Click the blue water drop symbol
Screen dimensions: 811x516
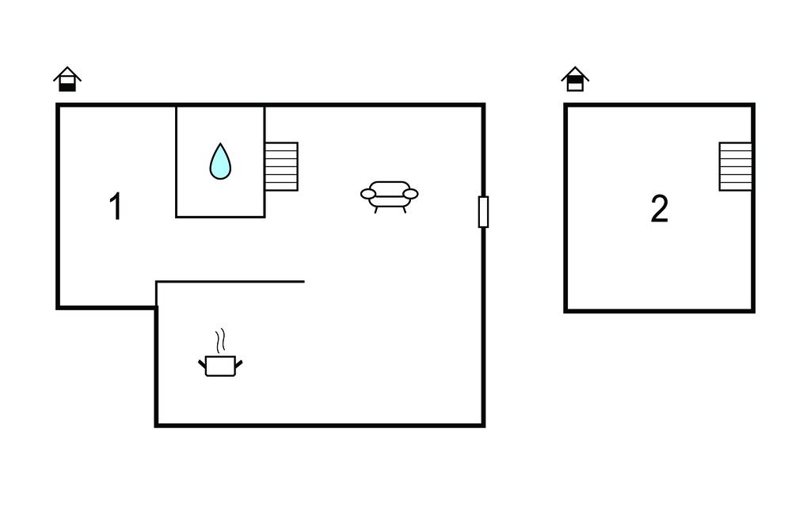(x=220, y=162)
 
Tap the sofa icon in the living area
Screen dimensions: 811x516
(x=390, y=197)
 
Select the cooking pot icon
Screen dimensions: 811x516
(x=220, y=366)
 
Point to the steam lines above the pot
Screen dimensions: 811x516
(x=221, y=340)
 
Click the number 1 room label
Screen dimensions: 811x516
(x=116, y=207)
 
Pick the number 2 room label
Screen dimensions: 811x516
(x=660, y=209)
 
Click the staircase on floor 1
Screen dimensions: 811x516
(x=281, y=166)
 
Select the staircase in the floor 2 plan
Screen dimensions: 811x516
(x=736, y=166)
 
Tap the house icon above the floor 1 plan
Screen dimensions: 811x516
(x=67, y=79)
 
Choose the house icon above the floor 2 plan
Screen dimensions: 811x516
(x=575, y=79)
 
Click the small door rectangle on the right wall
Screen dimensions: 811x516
(x=484, y=212)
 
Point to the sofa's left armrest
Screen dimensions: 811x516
(x=368, y=194)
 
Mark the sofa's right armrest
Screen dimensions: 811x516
(x=411, y=194)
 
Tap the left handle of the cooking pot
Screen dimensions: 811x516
(x=202, y=364)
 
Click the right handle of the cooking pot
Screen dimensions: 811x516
(x=238, y=364)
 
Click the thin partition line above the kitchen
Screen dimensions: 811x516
(x=230, y=282)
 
